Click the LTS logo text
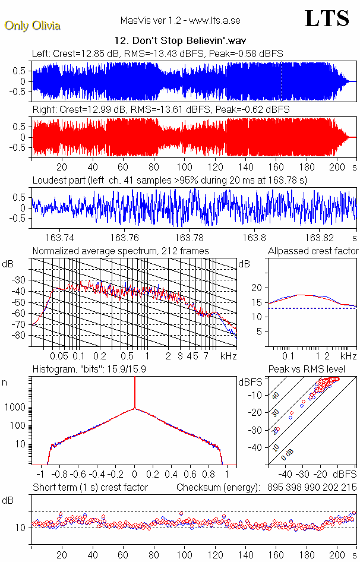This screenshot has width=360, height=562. pos(326,19)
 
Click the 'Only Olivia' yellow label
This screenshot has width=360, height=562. pos(33,26)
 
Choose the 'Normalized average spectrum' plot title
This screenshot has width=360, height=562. pos(121,251)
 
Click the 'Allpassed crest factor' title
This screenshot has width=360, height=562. pos(312,251)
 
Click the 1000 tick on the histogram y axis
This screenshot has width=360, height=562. pos(16,408)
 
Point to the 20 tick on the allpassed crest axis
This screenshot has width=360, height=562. pos(257,288)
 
